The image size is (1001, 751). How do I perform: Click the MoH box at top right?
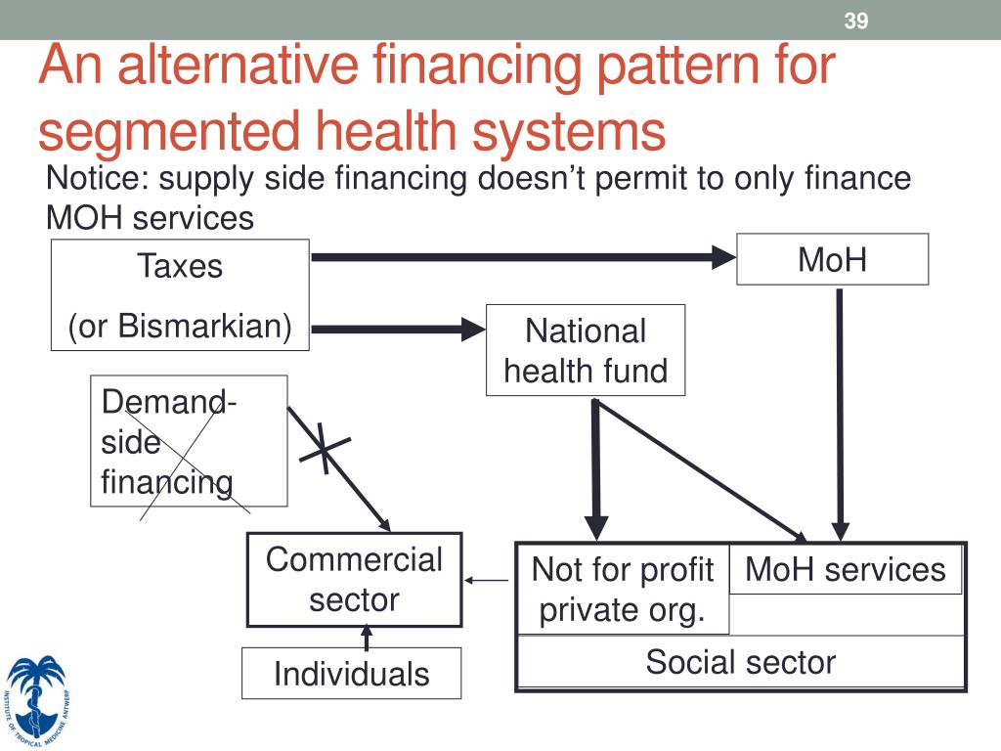click(832, 259)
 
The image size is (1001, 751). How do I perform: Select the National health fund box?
click(586, 350)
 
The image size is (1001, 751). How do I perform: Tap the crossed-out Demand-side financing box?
click(189, 441)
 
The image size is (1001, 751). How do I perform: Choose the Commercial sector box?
click(354, 579)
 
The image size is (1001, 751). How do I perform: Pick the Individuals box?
click(351, 674)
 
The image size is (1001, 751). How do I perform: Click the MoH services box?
click(846, 569)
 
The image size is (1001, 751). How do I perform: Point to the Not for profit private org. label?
click(622, 590)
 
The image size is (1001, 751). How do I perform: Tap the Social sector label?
click(740, 662)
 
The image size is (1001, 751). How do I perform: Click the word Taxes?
click(180, 266)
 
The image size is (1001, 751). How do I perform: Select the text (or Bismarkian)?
click(180, 326)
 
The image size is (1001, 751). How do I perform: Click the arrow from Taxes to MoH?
click(523, 258)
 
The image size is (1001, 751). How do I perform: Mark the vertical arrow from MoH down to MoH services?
click(838, 411)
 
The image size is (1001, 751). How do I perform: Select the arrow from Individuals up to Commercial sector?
click(367, 638)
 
